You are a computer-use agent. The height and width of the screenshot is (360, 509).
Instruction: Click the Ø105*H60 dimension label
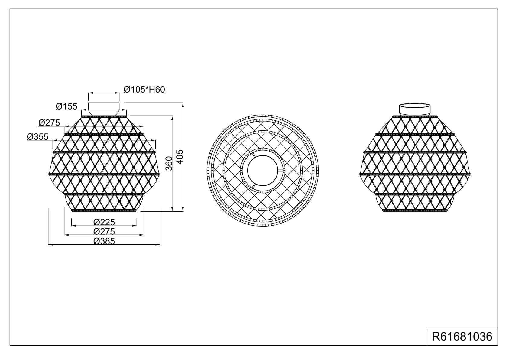point(144,90)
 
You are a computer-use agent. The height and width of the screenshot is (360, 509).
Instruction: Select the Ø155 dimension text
point(66,106)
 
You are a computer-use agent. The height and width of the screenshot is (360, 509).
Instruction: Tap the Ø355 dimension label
point(37,137)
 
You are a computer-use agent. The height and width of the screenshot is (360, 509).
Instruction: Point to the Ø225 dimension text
point(104,222)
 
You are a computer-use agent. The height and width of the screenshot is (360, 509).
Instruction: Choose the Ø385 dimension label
point(104,241)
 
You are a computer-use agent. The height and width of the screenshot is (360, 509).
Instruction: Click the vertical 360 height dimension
point(169,163)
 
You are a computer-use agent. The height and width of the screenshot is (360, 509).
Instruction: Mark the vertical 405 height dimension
point(180,157)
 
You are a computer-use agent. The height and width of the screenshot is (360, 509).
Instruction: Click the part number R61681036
point(462,337)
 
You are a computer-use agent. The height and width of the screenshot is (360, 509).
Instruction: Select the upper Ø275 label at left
point(49,123)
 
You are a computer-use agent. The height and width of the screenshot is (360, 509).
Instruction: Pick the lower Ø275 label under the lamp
point(104,231)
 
